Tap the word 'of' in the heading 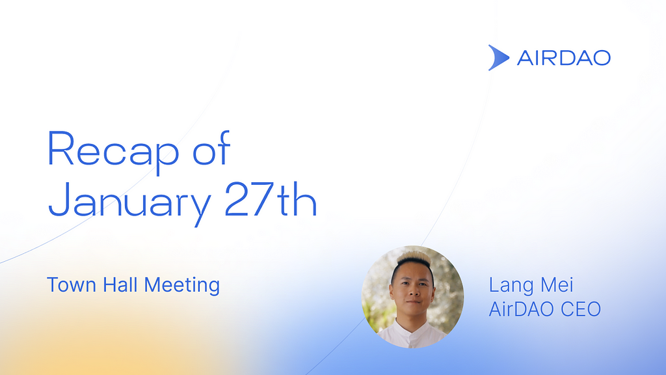coord(211,148)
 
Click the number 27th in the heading coord(271,199)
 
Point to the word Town coord(72,285)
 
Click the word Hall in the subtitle coord(120,285)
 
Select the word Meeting coord(182,285)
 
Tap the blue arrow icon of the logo coord(498,57)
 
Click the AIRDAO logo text coord(564,58)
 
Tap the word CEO coord(581,309)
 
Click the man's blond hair coord(413,257)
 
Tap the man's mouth coord(412,303)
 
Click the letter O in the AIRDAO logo coord(602,58)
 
